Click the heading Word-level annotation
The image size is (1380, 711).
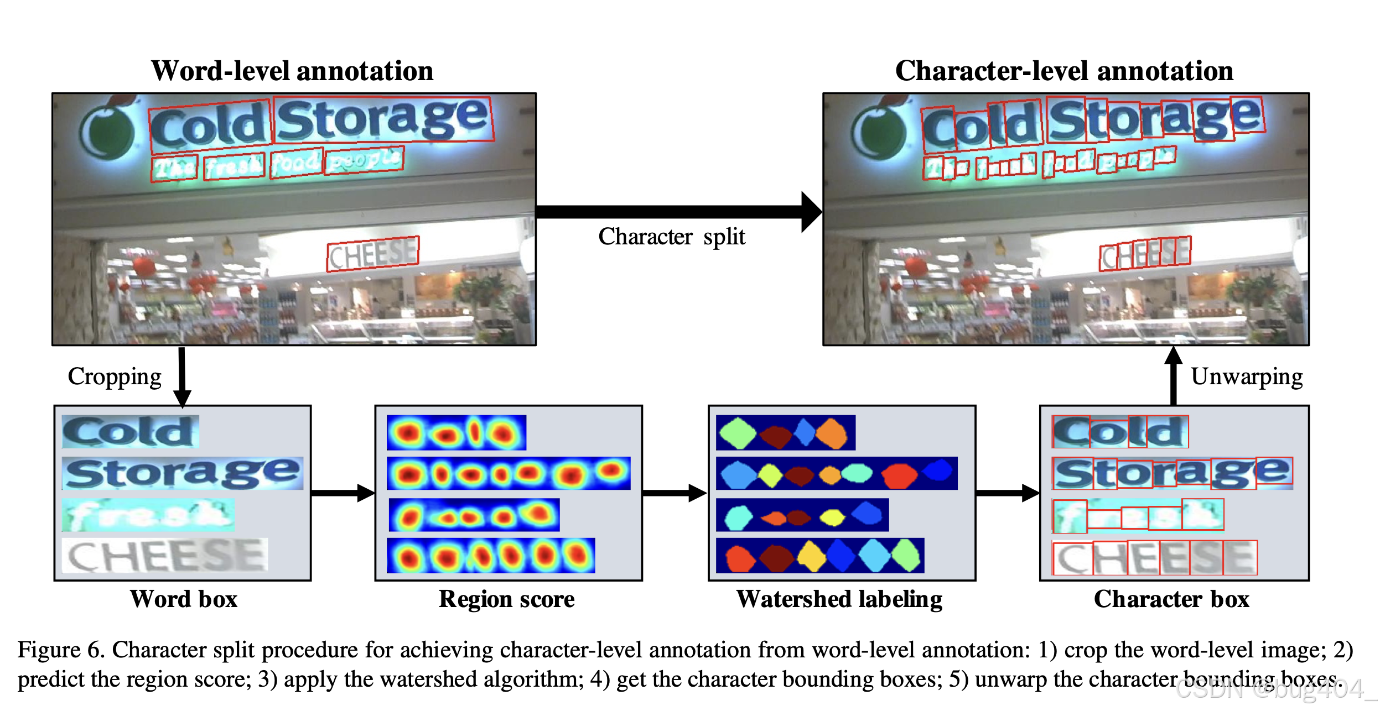point(292,71)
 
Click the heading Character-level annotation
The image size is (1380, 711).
point(1063,71)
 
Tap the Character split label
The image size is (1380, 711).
point(671,237)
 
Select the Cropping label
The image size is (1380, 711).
point(115,377)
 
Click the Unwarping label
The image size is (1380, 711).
point(1246,377)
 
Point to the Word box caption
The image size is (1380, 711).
point(183,599)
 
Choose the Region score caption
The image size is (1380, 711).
point(506,599)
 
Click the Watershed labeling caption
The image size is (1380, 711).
point(839,599)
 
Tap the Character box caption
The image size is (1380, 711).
point(1171,599)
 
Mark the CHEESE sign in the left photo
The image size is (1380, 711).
point(372,254)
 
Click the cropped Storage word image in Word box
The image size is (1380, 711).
point(183,473)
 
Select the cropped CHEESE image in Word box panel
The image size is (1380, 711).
point(165,555)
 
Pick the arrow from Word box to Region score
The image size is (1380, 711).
point(343,493)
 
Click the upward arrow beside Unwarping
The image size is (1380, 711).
point(1173,376)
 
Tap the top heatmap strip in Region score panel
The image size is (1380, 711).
point(456,433)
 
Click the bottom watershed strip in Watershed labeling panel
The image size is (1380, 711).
point(819,556)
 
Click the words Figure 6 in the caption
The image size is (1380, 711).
point(61,650)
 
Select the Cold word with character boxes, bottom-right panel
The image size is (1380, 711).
point(1120,432)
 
